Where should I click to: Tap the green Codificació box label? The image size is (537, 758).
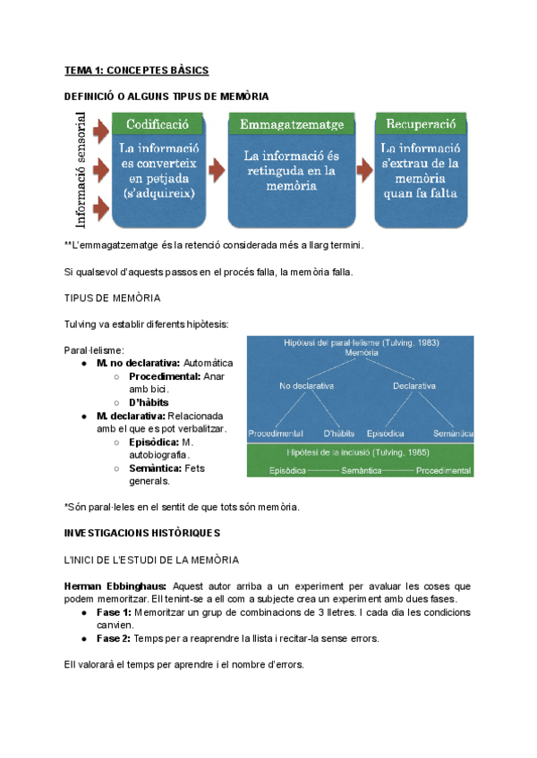click(x=158, y=124)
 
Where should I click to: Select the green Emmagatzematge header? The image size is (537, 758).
click(x=292, y=124)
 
